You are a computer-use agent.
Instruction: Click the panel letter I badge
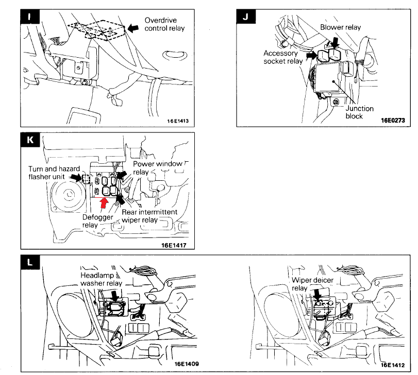(30, 16)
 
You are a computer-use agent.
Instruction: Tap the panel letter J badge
(245, 17)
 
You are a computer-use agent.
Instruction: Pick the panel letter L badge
(30, 263)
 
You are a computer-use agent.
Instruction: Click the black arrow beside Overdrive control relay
(133, 29)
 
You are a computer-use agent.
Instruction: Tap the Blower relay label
(341, 27)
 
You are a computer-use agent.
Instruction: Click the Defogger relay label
(97, 221)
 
